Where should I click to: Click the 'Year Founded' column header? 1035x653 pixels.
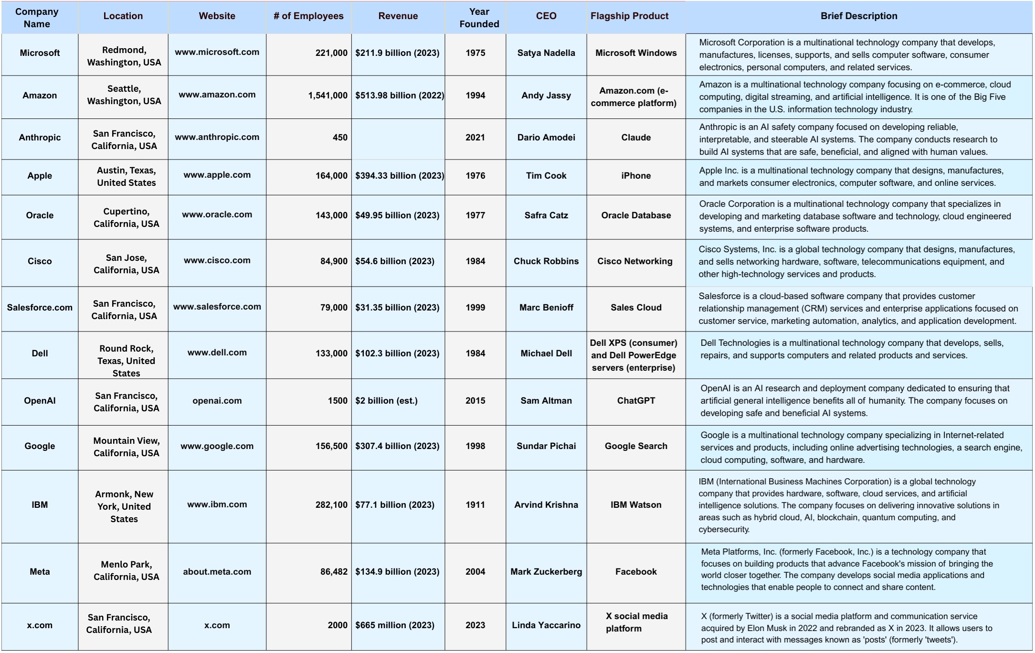[x=479, y=18]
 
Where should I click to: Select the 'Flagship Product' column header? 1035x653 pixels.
[x=629, y=16]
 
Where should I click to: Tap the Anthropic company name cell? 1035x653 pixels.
[x=40, y=138]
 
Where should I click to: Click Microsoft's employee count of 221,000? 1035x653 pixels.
[x=331, y=53]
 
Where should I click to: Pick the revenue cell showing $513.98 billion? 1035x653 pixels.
[x=399, y=96]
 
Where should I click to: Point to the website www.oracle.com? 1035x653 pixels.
[x=217, y=214]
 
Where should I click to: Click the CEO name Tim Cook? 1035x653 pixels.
[x=546, y=176]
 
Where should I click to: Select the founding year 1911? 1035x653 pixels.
[x=475, y=505]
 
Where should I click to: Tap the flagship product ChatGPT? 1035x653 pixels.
[x=636, y=401]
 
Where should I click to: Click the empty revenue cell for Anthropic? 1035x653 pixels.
[x=398, y=138]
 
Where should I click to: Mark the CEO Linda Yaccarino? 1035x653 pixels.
[x=546, y=625]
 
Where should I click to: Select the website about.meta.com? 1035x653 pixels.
[x=217, y=572]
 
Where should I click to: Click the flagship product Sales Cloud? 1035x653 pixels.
[x=636, y=308]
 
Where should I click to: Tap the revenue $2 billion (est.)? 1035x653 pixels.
[x=386, y=401]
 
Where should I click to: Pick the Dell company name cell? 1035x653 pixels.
[x=40, y=353]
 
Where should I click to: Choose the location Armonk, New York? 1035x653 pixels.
[x=124, y=507]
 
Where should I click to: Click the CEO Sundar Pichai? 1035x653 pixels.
[x=546, y=446]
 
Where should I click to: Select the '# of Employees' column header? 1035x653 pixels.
[x=308, y=16]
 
